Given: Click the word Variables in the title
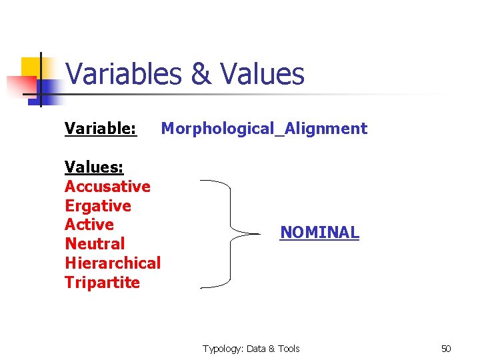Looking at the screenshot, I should pos(124,74).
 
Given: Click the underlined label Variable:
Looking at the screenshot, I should pos(101,129).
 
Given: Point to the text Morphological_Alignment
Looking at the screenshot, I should pos(264,129).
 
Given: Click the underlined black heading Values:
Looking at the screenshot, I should pos(94,167).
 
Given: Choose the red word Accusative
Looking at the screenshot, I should pos(107,186).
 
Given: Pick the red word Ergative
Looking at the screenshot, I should pos(98,205).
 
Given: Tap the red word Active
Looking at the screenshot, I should pos(89,225).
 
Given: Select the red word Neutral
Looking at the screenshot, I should pos(95,244).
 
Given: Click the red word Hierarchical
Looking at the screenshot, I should pos(113,263).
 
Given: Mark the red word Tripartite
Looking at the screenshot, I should pos(102,283).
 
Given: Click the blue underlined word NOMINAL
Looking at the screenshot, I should pos(319,233).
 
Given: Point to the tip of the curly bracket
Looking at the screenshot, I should pos(258,234).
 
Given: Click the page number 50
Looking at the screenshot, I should pos(446,349).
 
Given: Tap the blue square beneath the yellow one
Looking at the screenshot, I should pos(47,90).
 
